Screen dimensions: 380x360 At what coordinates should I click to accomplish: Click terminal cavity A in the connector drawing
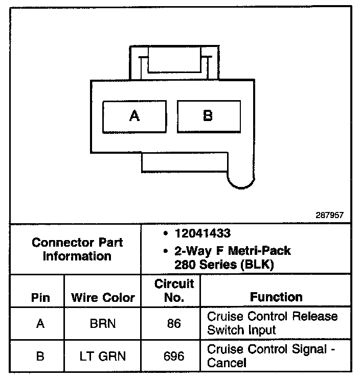(x=134, y=116)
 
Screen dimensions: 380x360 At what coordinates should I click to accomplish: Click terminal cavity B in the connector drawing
(x=208, y=116)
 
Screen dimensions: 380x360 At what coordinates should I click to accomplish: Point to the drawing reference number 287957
(x=330, y=216)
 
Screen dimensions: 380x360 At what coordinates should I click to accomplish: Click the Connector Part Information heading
(x=77, y=249)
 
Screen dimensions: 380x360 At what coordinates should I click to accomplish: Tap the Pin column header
(x=40, y=297)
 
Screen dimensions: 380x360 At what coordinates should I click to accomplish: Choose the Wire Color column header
(x=103, y=297)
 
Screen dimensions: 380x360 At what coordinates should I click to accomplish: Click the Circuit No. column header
(x=174, y=290)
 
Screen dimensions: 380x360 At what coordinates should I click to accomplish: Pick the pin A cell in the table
(x=40, y=323)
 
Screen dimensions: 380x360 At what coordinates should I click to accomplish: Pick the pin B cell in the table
(x=40, y=355)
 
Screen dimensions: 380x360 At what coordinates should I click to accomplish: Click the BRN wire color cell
(x=103, y=323)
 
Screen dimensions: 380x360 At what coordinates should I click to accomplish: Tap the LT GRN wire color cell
(x=103, y=355)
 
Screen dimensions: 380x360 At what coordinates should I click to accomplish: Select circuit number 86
(x=174, y=323)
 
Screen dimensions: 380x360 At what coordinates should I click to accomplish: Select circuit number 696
(x=174, y=355)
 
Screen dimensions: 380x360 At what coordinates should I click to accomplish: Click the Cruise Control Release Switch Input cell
(x=272, y=323)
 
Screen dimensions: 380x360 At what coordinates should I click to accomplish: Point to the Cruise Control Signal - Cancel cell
(x=272, y=356)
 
